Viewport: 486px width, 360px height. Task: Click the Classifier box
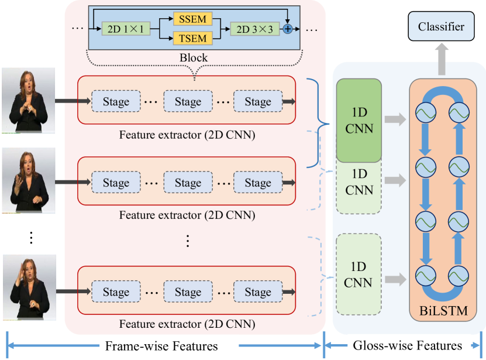[x=442, y=26]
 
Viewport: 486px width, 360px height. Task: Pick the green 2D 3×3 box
[x=255, y=29]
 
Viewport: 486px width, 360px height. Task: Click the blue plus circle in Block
[x=288, y=29]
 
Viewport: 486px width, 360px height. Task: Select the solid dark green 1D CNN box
[x=359, y=120]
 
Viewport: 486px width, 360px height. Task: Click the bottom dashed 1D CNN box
[x=359, y=275]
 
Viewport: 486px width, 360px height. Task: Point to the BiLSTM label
[x=443, y=311]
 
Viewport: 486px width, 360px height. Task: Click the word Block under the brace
[x=194, y=58]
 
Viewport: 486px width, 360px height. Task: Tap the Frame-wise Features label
[x=160, y=346]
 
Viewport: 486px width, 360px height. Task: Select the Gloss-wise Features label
[x=408, y=345]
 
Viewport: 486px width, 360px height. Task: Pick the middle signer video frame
[x=29, y=180]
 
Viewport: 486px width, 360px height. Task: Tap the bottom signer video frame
[x=29, y=287]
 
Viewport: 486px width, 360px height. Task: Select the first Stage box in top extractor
[x=116, y=101]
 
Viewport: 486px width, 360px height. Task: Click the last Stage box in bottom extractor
[x=258, y=292]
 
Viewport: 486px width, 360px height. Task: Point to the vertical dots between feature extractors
[x=187, y=240]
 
